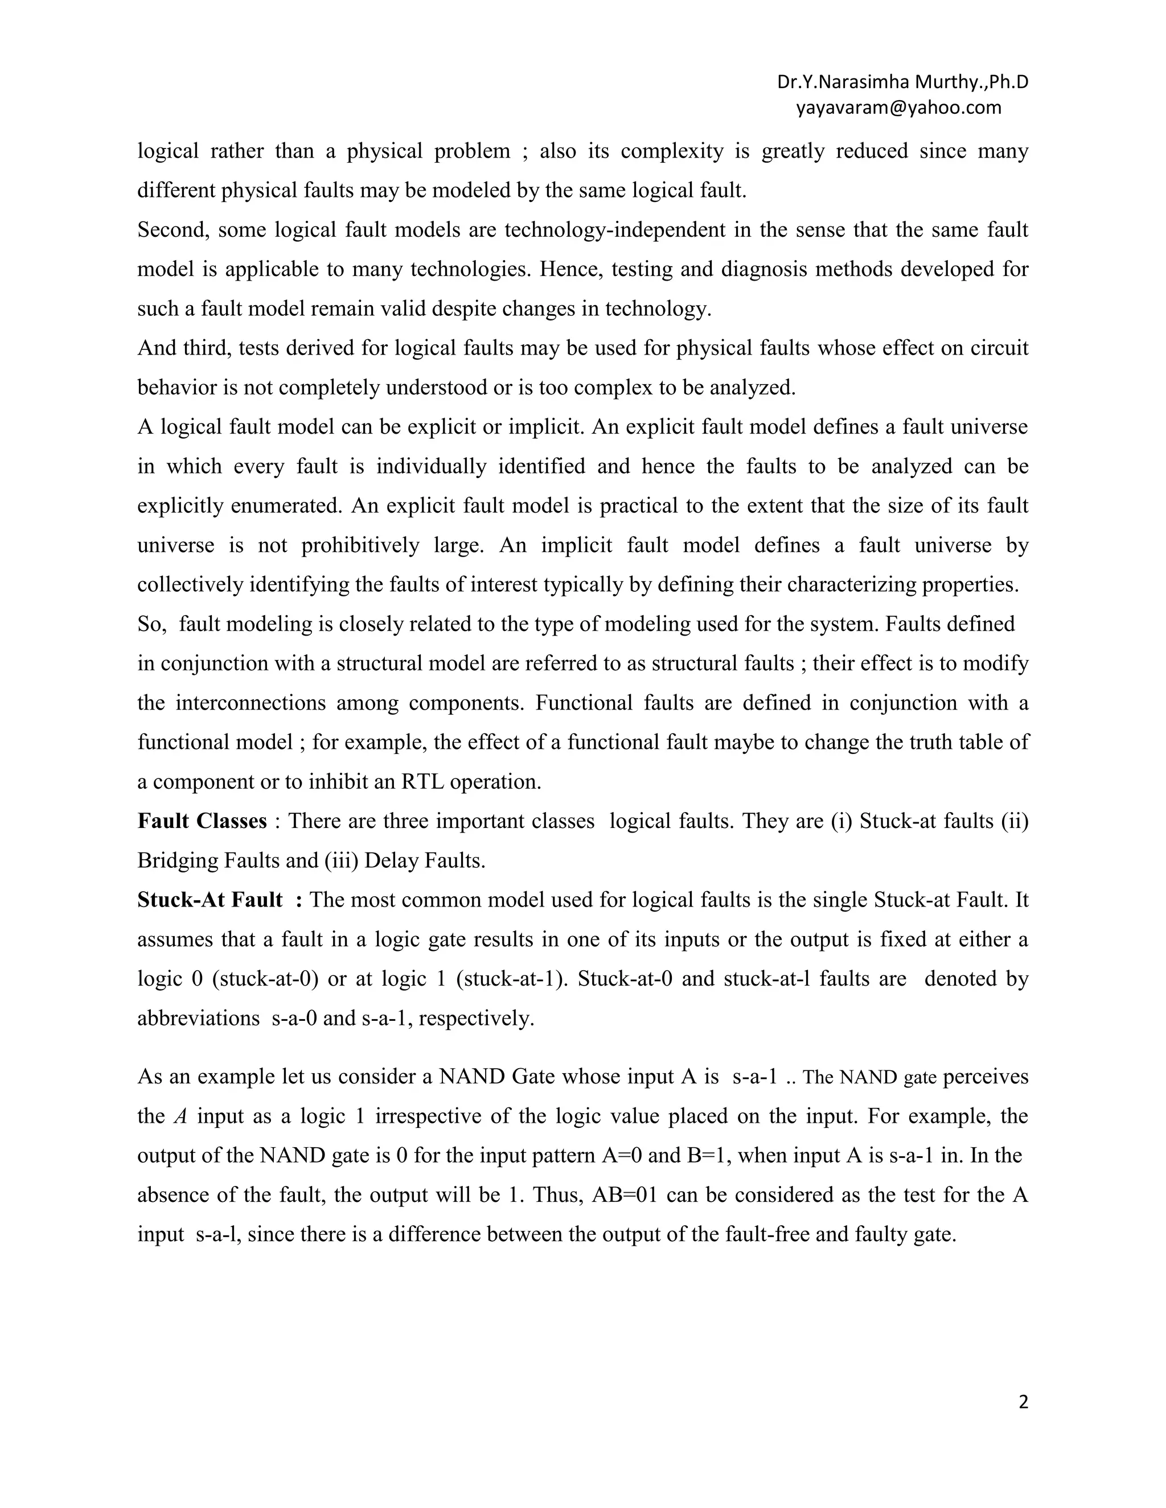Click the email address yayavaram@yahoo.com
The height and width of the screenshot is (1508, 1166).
point(898,108)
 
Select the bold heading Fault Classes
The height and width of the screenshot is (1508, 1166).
point(202,821)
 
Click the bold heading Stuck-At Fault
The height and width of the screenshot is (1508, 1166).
point(210,900)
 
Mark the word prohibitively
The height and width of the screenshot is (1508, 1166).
point(360,546)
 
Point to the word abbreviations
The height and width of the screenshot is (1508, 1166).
point(198,1019)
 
